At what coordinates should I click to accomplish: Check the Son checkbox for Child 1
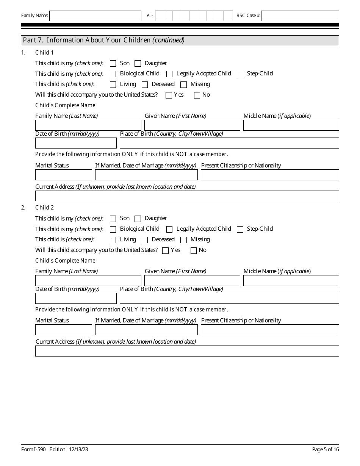pos(113,64)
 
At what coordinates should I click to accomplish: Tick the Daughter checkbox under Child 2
pos(138,219)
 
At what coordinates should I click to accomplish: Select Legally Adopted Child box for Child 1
pos(169,74)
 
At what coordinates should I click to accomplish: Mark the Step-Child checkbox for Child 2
pos(240,229)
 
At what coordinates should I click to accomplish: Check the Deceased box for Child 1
pos(145,85)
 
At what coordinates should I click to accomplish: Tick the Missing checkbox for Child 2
pos(184,240)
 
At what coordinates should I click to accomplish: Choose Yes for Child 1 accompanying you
pos(169,95)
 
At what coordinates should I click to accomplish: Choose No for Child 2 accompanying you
pos(194,250)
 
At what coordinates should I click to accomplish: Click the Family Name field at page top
pos(95,16)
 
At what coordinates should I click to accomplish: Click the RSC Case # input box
pos(300,16)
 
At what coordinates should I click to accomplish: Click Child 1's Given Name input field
pos(192,125)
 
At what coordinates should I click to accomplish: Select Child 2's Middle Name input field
pos(291,281)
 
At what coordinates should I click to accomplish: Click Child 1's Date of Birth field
pos(76,143)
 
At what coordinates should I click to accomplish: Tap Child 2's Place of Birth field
pos(229,299)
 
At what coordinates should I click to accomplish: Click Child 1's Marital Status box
pos(64,175)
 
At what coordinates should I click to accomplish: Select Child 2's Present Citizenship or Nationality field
pos(270,330)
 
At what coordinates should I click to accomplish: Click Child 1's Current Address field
pos(187,196)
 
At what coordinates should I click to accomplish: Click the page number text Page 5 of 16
pos(326,450)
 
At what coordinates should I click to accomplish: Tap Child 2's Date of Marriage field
pos(146,330)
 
